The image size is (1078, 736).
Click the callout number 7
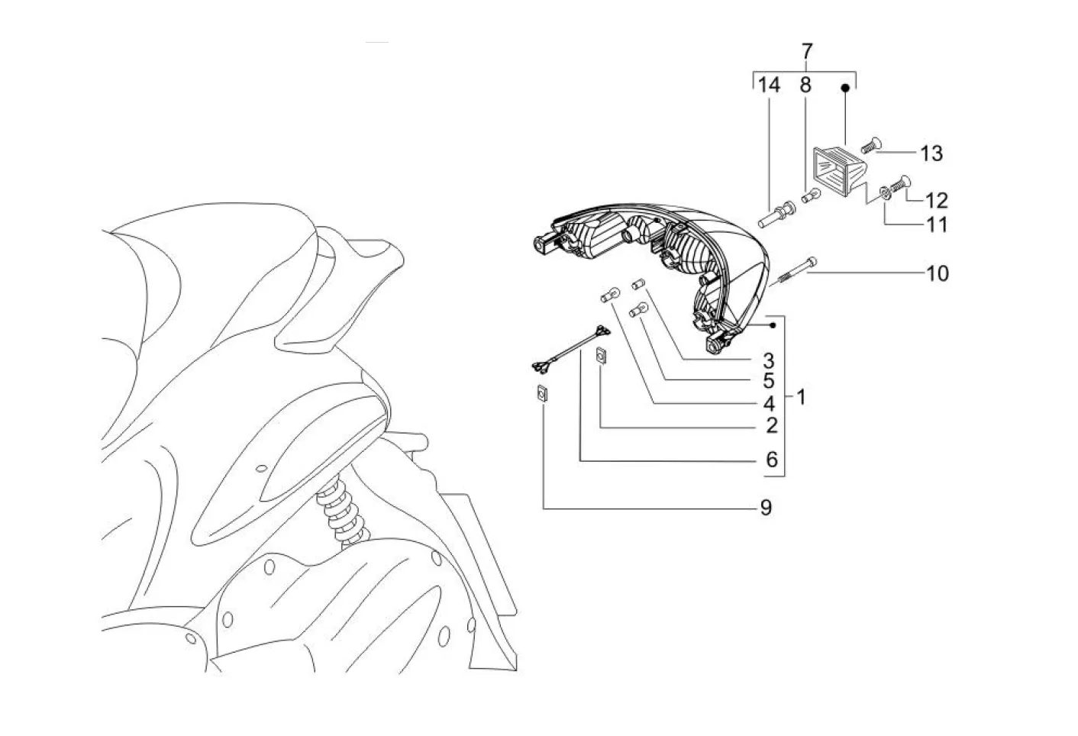807,52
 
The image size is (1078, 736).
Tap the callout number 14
770,86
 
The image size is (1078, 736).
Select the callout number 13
931,153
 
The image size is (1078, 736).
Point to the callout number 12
936,200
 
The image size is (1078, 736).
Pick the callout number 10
938,273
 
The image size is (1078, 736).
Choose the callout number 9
765,507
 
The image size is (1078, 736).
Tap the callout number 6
771,460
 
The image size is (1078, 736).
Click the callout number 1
801,397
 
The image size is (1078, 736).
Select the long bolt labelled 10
794,271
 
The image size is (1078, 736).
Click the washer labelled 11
884,192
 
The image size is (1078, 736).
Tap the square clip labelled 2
602,357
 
